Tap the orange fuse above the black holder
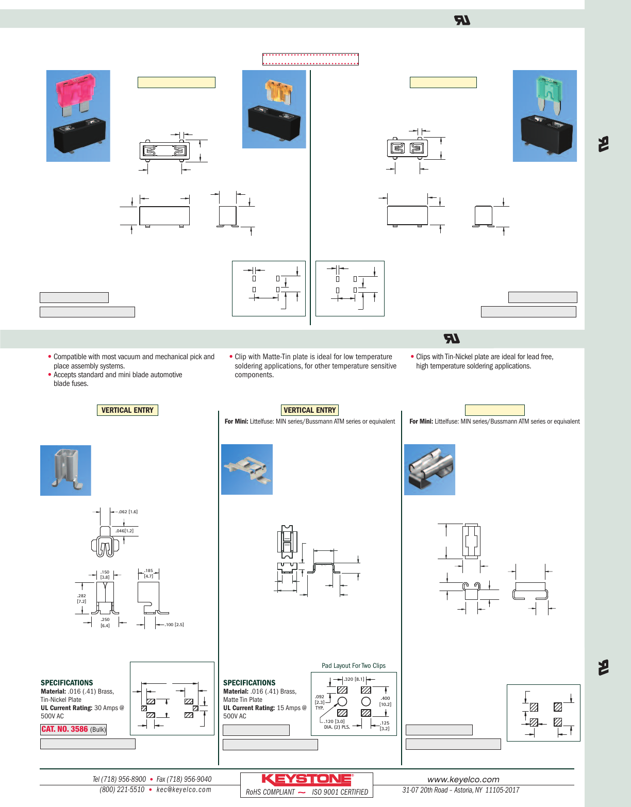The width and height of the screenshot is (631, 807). coord(277,91)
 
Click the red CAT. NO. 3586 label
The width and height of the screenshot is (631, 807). coord(65,729)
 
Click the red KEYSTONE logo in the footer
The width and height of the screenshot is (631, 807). coord(307,780)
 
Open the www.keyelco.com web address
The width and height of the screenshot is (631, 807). coord(463,779)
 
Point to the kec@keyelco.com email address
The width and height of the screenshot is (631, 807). coord(184,789)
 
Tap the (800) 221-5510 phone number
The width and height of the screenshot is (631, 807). coord(122,789)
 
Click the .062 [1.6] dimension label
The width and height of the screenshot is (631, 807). coord(128,512)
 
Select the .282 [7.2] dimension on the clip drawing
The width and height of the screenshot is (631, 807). coord(81,598)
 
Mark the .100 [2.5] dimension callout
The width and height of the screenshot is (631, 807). coord(174,625)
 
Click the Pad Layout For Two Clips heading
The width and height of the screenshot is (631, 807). coord(353,665)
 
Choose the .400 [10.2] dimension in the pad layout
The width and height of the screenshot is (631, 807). coord(385,701)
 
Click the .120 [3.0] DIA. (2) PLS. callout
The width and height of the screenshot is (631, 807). coord(337,724)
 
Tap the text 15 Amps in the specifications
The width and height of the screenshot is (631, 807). coord(287,708)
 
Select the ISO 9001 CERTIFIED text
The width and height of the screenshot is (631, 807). coord(340,792)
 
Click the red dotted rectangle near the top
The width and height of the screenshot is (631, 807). coord(310,59)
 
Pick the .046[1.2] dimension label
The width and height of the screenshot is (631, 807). coord(124,531)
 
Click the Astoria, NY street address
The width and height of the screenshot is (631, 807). coord(460,790)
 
